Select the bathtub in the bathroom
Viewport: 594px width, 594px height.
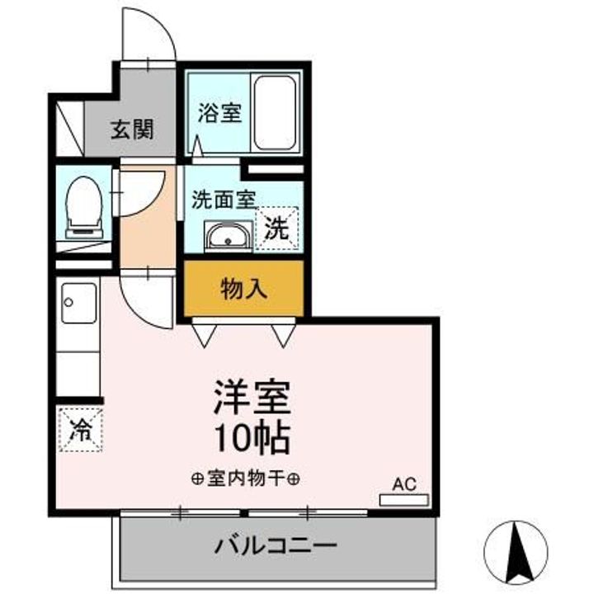point(275,112)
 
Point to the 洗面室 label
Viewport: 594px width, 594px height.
point(223,199)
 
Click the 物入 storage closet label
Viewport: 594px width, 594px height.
point(243,289)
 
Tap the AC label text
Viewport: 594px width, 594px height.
point(404,484)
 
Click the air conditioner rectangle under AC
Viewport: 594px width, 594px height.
point(404,500)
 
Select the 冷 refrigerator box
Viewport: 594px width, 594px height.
point(80,430)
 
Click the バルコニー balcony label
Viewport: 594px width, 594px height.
point(276,545)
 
